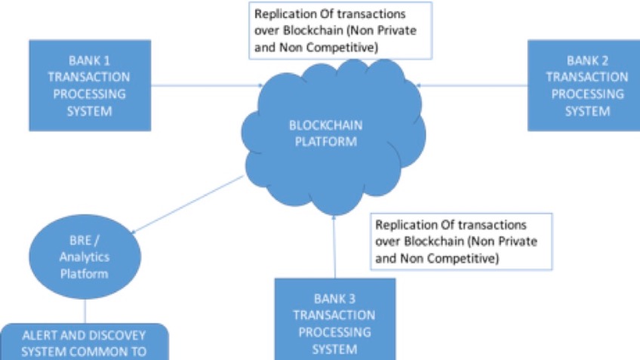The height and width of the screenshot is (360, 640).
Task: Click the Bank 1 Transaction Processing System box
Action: click(90, 85)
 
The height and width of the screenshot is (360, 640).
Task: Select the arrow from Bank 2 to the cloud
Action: click(472, 85)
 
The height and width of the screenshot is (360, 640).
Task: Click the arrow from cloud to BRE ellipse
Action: click(189, 204)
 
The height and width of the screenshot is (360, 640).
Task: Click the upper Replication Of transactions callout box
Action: click(341, 30)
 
